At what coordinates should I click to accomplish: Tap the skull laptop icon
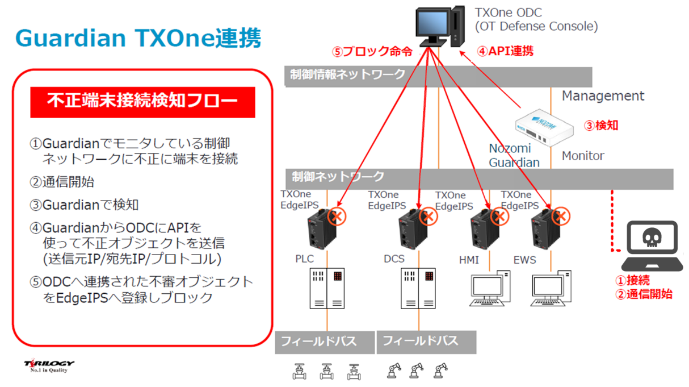pyautogui.click(x=652, y=246)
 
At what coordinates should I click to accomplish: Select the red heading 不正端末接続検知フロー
pyautogui.click(x=142, y=102)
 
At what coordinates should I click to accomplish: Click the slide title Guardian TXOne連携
pyautogui.click(x=138, y=38)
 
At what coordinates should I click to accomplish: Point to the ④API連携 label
pyautogui.click(x=505, y=52)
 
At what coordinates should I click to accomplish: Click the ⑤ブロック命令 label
pyautogui.click(x=372, y=52)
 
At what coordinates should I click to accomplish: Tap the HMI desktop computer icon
pyautogui.click(x=490, y=289)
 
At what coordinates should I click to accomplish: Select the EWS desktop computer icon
pyautogui.click(x=551, y=289)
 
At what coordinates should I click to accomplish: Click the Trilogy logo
pyautogui.click(x=49, y=365)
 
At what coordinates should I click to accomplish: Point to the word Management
pyautogui.click(x=603, y=96)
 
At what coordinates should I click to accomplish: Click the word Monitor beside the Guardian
pyautogui.click(x=583, y=155)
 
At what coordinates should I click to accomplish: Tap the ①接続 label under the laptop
pyautogui.click(x=633, y=280)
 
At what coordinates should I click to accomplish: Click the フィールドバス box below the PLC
pyautogui.click(x=325, y=342)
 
